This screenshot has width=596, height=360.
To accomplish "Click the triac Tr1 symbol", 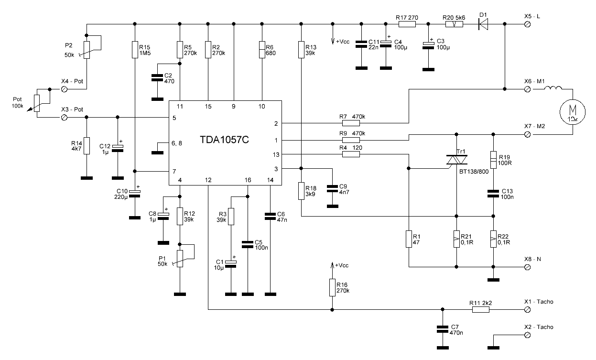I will tap(457, 161).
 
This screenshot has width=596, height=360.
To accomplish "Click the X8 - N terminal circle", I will tap(528, 266).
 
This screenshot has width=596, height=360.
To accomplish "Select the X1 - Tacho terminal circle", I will tap(528, 309).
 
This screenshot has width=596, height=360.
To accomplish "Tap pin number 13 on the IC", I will tap(276, 154).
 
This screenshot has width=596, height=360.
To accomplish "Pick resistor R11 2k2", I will tap(481, 309).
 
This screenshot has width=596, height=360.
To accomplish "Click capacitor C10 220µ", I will tap(135, 193).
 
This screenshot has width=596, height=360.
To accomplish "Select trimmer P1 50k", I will tap(180, 260).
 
